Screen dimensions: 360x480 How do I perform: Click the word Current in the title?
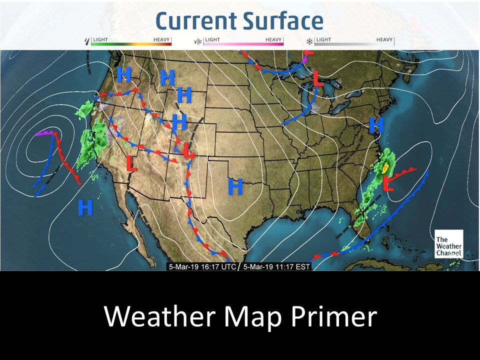coord(196,20)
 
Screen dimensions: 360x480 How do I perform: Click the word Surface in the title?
coord(283,20)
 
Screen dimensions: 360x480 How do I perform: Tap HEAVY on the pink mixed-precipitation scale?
coord(274,39)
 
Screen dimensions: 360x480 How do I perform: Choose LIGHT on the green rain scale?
coord(100,39)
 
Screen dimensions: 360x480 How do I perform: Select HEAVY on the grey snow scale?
coord(384,39)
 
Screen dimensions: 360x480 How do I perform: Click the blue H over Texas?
coord(235,186)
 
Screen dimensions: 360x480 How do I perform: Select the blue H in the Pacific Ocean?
coord(85,206)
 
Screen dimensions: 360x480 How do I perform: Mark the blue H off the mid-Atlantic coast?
coord(376,124)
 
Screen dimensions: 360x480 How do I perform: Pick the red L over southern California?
coord(131,163)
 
